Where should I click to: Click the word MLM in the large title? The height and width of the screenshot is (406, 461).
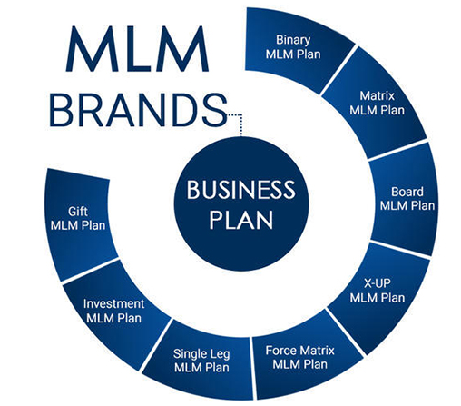tap(137, 49)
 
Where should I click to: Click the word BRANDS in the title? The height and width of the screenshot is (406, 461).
tap(138, 110)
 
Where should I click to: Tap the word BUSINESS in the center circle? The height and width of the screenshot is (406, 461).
tap(240, 190)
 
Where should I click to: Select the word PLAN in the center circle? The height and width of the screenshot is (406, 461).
tap(241, 219)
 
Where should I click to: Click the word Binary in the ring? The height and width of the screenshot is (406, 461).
tap(293, 40)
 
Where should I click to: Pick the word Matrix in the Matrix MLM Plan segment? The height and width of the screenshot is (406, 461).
tap(378, 96)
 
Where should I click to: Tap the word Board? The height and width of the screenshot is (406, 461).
tap(407, 192)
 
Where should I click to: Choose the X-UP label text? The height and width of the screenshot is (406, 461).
tap(378, 283)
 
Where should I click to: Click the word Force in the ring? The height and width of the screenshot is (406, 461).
tap(280, 351)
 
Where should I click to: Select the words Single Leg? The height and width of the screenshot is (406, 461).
tap(201, 354)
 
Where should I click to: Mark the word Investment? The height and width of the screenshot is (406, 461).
tap(113, 303)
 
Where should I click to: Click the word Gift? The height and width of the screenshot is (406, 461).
tap(78, 212)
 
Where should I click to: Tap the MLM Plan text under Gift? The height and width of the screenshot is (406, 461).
tap(78, 225)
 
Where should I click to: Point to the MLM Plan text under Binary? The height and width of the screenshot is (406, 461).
tap(293, 54)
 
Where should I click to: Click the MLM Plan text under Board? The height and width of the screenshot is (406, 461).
tap(407, 206)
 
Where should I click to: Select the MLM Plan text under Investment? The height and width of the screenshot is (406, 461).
tap(113, 318)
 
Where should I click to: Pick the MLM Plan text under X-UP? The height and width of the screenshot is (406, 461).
tap(378, 298)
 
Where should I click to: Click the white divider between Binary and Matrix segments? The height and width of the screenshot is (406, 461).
tap(338, 70)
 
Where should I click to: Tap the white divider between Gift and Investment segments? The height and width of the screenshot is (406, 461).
tap(90, 271)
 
